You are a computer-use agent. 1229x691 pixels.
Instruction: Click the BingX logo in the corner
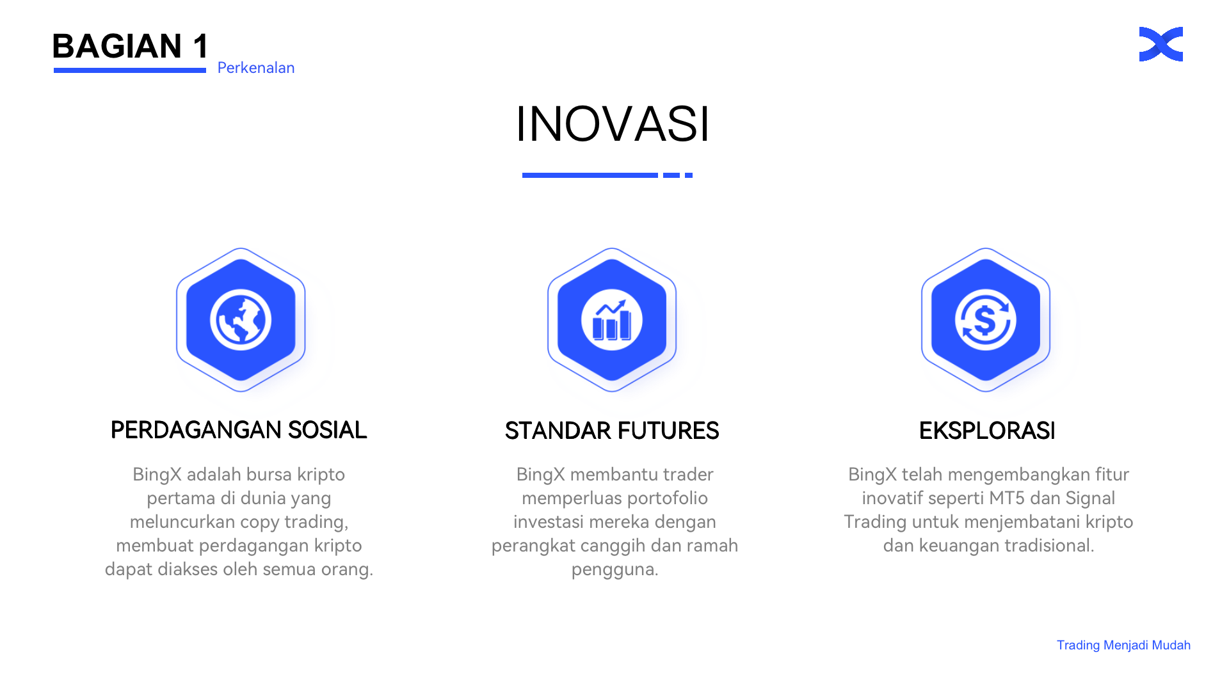coord(1161,44)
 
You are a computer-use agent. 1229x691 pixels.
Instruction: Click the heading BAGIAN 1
coord(131,46)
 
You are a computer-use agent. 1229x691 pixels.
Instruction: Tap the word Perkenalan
coord(256,68)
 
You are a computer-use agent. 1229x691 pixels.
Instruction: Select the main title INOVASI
coord(613,123)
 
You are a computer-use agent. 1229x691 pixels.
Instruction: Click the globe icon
coord(241,320)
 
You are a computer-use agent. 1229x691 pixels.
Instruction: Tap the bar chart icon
coord(612,320)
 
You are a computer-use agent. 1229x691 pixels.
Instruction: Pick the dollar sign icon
coord(986,320)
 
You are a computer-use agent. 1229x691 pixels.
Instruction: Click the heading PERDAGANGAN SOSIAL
coord(239,430)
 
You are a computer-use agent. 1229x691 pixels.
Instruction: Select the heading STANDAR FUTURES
coord(612,431)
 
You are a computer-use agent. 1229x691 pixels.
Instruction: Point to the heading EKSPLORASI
coord(987,431)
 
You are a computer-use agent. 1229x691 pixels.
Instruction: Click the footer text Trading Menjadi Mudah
coord(1123,645)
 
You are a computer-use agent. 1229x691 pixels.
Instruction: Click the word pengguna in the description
coord(614,569)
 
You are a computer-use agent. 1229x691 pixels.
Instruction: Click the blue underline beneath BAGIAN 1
coord(130,70)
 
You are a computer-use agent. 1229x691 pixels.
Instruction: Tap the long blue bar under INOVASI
coord(590,175)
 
